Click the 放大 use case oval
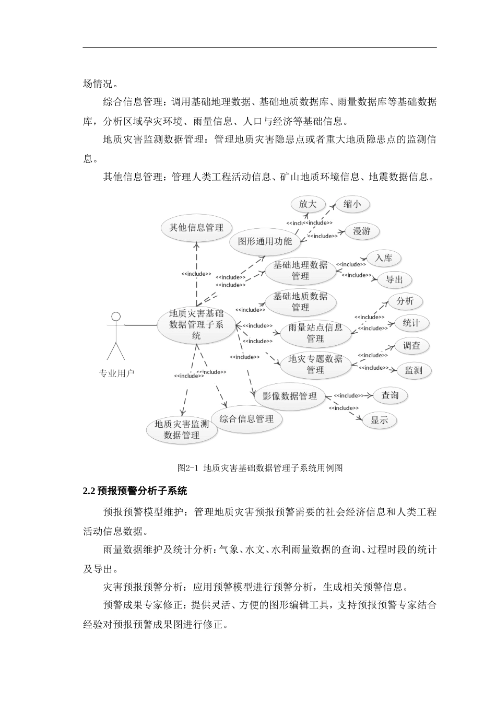point(308,204)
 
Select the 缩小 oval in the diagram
point(352,204)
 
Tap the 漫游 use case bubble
point(361,231)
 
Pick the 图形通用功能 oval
point(265,241)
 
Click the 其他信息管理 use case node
point(196,227)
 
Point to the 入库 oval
point(384,258)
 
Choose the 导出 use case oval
point(394,279)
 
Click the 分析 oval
point(405,301)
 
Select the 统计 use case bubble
point(411,323)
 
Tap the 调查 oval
point(411,345)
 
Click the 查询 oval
point(390,395)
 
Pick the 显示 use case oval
point(380,420)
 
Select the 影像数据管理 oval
point(290,396)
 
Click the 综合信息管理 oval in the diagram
point(246,418)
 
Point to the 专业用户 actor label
point(116,373)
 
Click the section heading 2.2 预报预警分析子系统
point(135,491)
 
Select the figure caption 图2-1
point(259,467)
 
